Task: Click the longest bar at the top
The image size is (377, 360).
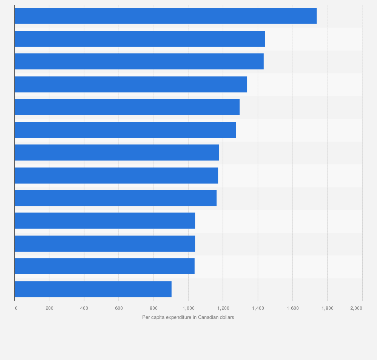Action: (165, 16)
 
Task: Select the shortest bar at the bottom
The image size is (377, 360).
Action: (93, 289)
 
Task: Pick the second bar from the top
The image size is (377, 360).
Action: (140, 39)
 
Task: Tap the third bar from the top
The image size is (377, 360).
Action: (139, 61)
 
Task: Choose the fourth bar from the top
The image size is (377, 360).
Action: (131, 84)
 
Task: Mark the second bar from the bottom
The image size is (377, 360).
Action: (104, 266)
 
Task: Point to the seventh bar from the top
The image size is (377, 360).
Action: (117, 152)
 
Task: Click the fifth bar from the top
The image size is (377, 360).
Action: (127, 107)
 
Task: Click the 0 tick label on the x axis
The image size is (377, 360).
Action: (16, 308)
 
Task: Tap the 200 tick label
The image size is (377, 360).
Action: (49, 308)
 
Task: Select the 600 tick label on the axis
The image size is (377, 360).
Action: (119, 308)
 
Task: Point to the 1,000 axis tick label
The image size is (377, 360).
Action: (188, 308)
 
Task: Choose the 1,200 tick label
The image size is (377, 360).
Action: (223, 308)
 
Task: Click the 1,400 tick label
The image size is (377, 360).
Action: (258, 308)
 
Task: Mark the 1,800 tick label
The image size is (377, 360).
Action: (327, 308)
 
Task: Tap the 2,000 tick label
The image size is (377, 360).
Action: (356, 308)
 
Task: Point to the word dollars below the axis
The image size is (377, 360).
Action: (227, 317)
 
